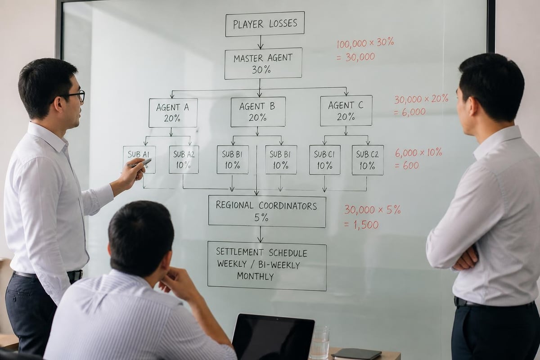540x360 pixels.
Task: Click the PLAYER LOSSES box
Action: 265,24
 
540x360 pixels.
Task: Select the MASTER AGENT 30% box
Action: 263,63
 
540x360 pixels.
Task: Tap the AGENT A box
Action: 173,113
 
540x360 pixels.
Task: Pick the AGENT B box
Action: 258,112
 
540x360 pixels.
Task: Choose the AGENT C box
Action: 346,111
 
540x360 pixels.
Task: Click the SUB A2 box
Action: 184,159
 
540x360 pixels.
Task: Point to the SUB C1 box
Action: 325,160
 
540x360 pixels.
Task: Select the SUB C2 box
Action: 368,160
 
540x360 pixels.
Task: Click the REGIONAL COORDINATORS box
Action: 267,211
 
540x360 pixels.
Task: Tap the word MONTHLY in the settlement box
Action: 256,276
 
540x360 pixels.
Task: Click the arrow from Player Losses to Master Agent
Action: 261,42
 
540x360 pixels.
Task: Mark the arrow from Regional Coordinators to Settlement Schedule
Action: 261,234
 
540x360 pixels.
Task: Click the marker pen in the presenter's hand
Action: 139,163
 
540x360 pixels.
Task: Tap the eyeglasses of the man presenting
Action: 72,96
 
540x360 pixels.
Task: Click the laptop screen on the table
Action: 273,337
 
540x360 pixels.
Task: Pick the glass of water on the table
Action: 319,342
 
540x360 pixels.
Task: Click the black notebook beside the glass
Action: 356,354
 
